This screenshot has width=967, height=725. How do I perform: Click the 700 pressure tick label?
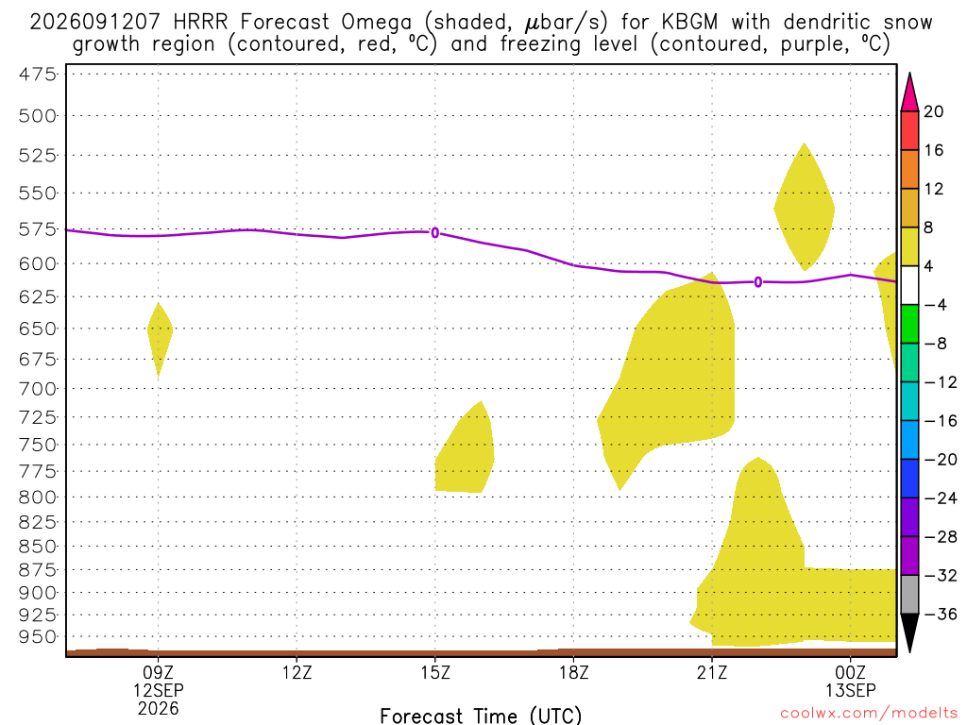point(38,389)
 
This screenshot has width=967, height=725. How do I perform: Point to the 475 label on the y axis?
point(38,75)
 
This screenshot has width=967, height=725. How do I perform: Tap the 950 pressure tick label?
point(38,637)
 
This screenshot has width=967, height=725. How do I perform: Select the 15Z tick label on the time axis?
point(435,672)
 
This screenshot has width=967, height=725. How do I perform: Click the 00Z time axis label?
point(851,672)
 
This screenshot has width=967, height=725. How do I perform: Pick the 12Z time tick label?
point(297,672)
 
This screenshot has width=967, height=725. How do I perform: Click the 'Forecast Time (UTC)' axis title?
point(481,716)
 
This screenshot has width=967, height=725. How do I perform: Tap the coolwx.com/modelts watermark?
point(869,714)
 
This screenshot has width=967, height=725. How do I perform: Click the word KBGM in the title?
point(689,23)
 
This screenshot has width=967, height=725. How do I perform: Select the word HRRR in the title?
point(200,23)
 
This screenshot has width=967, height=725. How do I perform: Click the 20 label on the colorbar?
point(934,111)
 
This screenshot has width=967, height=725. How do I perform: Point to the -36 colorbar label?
point(940,614)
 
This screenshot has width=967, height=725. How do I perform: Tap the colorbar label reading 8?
point(929,228)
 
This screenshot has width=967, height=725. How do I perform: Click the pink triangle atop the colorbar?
point(909,93)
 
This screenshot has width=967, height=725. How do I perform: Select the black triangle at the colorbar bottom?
point(909,632)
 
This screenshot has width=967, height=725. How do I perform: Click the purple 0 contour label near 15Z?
point(435,232)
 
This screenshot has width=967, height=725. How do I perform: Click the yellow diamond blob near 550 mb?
point(805,207)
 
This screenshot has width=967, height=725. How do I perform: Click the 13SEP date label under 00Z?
point(851,690)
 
